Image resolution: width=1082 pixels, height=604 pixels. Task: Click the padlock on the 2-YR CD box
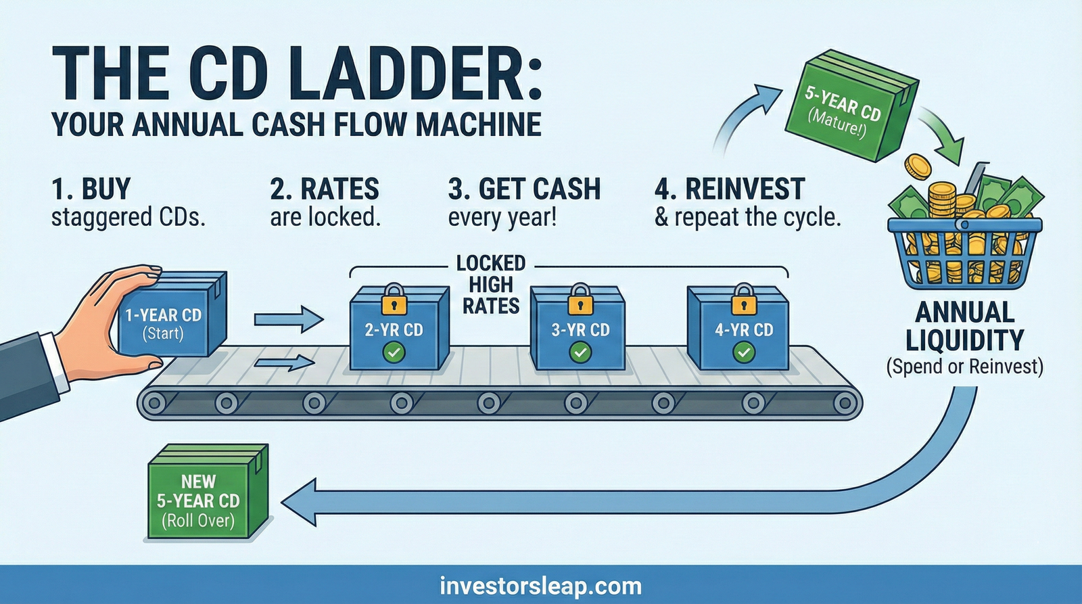pos(394,300)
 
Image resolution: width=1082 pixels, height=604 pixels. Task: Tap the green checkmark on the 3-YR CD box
pos(580,352)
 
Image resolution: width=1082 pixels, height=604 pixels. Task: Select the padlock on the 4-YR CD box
pos(743,300)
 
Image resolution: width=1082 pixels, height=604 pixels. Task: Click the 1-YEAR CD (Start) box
pos(169,318)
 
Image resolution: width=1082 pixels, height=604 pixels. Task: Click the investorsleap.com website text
pos(540,585)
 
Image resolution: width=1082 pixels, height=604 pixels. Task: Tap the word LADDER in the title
pos(419,74)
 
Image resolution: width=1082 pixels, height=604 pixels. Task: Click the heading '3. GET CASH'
pos(524,189)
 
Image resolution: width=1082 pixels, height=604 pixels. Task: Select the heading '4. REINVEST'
pos(730,189)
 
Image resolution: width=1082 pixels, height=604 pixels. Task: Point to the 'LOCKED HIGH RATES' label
pos(491,285)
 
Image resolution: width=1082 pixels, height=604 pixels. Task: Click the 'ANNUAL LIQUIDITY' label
pos(964,326)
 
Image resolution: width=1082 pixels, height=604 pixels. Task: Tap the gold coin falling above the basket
pos(918,165)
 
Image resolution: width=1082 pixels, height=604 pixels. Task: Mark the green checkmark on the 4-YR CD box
pos(744,352)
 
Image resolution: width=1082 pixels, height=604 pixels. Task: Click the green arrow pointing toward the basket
pos(947,139)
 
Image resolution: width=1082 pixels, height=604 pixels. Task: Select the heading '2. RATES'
pos(325,189)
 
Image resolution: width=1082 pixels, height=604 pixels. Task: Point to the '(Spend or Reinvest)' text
pos(964,367)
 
